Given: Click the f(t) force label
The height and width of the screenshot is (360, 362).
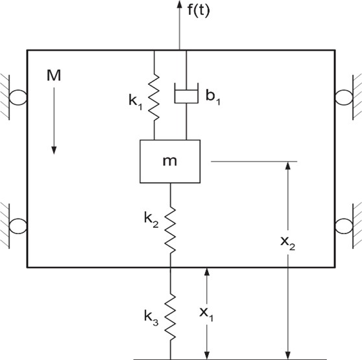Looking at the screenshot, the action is click(x=199, y=10).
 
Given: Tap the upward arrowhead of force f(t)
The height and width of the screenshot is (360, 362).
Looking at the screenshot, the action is click(x=180, y=4).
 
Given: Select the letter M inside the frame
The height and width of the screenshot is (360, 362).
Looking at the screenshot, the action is click(x=54, y=75).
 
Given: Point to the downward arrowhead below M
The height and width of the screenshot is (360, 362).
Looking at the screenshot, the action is click(x=54, y=150).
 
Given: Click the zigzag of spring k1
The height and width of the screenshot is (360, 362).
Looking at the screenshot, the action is click(x=154, y=97).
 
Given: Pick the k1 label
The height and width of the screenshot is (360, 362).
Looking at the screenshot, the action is click(x=136, y=102).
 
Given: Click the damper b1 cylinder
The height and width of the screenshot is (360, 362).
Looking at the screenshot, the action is click(x=186, y=93).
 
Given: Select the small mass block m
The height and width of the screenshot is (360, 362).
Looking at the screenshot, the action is click(x=170, y=162).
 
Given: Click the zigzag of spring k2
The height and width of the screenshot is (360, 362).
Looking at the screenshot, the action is click(x=171, y=230).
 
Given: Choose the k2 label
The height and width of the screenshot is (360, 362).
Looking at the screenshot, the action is click(x=151, y=219).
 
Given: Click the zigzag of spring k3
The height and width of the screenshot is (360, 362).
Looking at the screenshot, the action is click(x=171, y=318).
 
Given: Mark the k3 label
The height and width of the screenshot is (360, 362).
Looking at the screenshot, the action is click(x=151, y=317).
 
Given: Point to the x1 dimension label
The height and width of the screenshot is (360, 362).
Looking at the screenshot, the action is click(x=206, y=314).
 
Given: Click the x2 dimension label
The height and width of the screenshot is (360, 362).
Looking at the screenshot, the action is click(x=287, y=243).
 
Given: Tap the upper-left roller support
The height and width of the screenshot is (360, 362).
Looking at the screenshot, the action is click(x=18, y=97).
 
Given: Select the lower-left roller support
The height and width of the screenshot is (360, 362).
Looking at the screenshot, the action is click(x=18, y=226).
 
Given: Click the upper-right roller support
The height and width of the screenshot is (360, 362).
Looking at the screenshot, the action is click(x=344, y=97).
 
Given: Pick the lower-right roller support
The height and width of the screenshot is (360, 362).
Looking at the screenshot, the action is click(x=344, y=226).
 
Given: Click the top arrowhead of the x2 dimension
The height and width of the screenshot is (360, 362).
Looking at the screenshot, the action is click(x=287, y=165).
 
